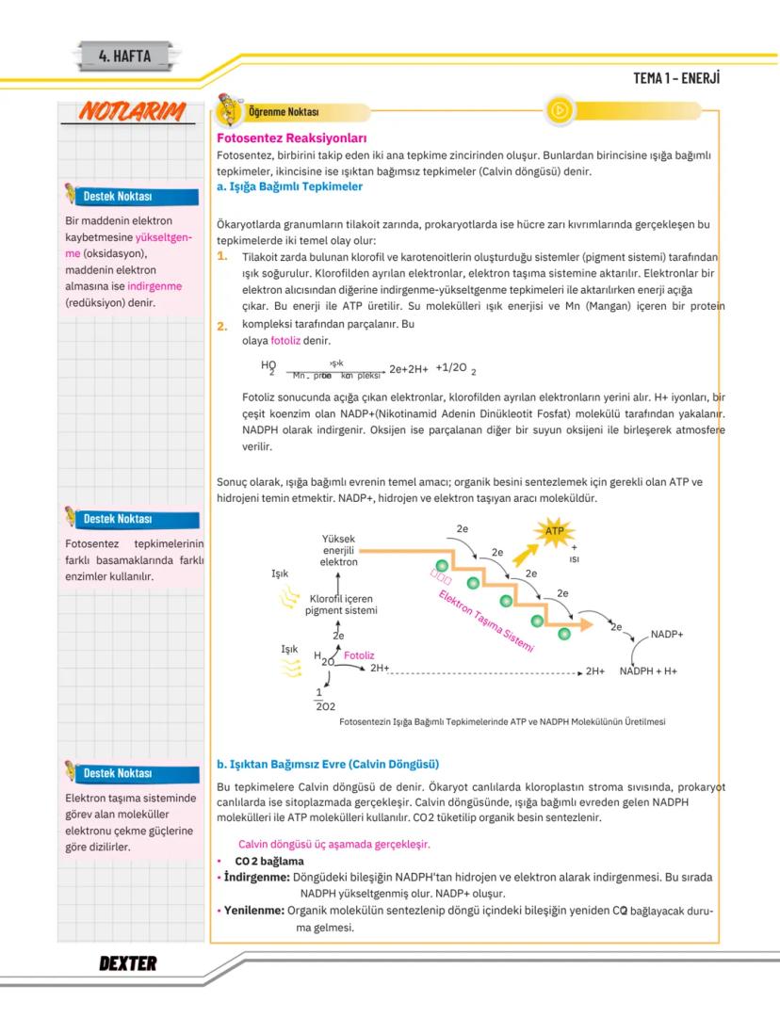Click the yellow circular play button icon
click(559, 110)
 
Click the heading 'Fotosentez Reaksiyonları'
click(284, 137)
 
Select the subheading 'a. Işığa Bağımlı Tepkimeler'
click(289, 186)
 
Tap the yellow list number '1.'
click(223, 256)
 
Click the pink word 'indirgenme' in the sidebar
click(155, 287)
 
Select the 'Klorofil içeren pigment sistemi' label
click(340, 605)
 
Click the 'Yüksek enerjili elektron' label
click(338, 550)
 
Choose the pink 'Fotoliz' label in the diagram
click(360, 654)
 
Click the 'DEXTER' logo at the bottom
click(127, 963)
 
